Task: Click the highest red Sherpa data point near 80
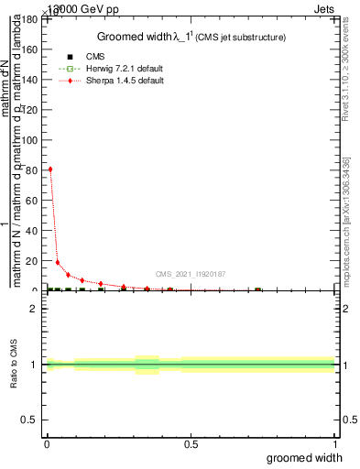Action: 50,169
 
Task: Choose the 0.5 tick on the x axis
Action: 191,444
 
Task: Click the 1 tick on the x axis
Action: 334,444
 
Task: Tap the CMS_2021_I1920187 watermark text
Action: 191,274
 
